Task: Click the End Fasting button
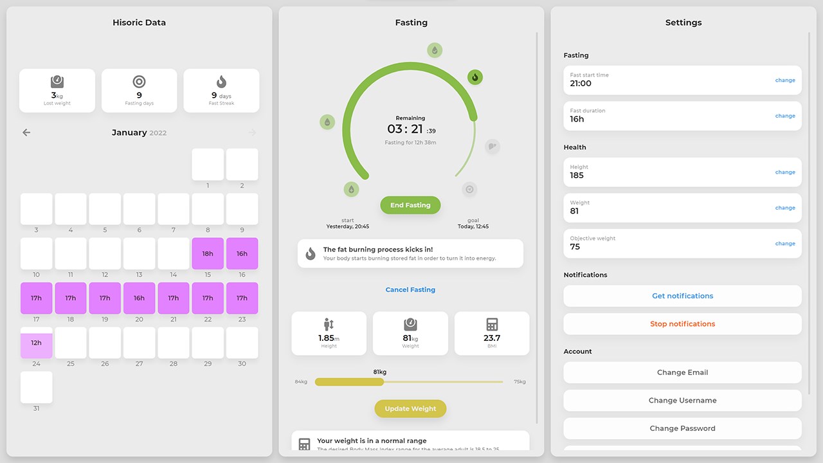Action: (x=410, y=205)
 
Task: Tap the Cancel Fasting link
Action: (x=410, y=289)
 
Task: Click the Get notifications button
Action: (x=682, y=296)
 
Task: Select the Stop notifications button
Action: (x=682, y=324)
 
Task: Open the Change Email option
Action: (x=682, y=372)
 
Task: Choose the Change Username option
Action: (x=682, y=400)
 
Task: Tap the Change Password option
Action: (x=682, y=428)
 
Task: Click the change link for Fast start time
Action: (x=785, y=80)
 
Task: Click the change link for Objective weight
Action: (x=785, y=244)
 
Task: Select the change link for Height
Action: (x=785, y=172)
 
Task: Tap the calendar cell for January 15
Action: (x=208, y=253)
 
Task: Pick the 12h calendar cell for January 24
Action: (x=37, y=343)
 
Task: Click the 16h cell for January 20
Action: (x=139, y=298)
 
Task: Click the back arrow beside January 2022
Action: (x=26, y=132)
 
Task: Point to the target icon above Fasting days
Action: (x=139, y=82)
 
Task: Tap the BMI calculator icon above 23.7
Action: (x=492, y=324)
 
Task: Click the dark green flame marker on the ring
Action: (x=475, y=78)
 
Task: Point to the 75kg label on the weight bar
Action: (x=519, y=382)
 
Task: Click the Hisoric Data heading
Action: (x=139, y=23)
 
